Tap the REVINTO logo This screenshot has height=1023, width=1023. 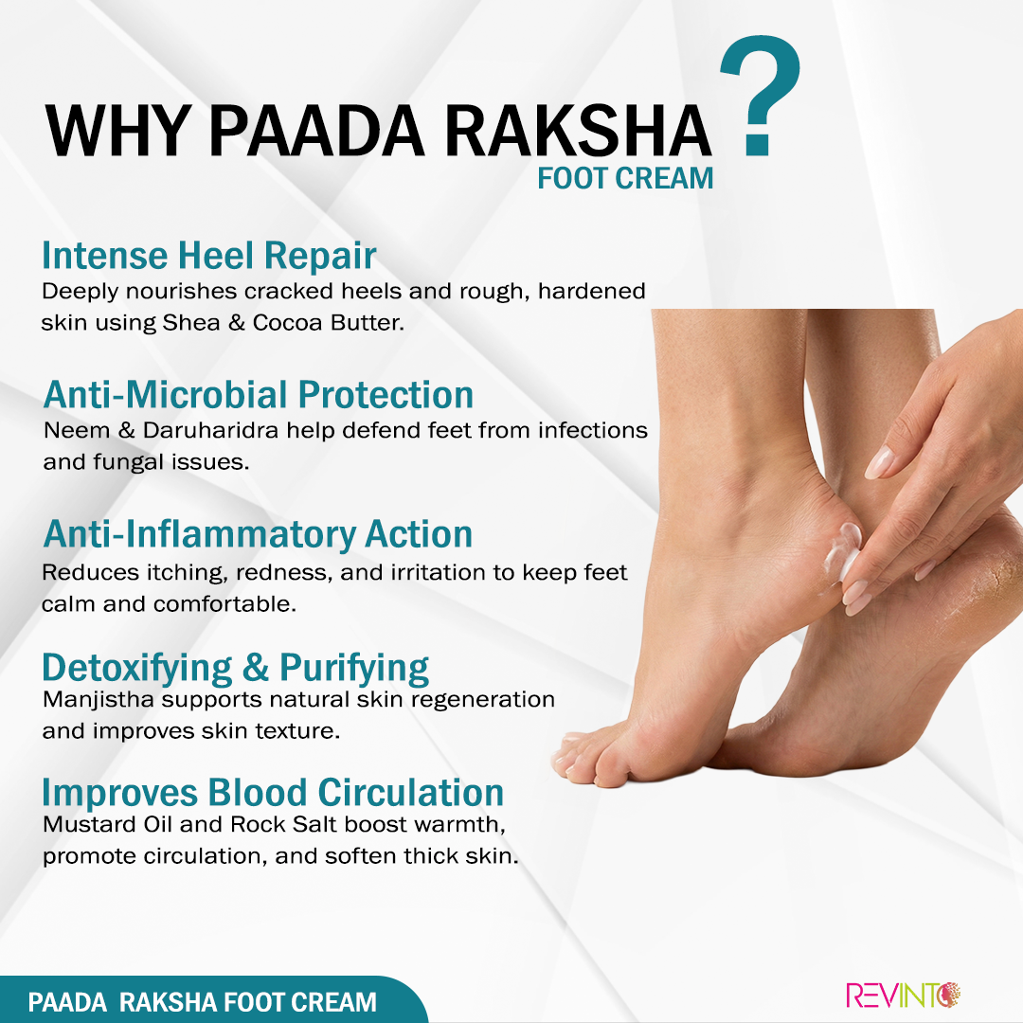point(903,996)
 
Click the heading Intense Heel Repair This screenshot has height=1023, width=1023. point(208,255)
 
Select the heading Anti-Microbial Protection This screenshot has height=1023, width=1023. point(259,395)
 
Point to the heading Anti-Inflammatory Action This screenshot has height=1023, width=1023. point(258,535)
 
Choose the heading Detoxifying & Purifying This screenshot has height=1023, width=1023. point(236,668)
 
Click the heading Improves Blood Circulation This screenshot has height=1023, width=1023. point(273,793)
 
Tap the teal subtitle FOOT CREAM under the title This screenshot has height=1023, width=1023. point(625,178)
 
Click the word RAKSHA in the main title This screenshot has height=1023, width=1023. point(578,131)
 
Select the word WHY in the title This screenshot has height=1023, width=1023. point(117,131)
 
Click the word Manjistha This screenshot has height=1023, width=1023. point(98,701)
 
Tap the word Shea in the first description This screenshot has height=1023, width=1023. point(191,323)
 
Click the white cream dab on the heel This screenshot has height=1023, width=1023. point(842,551)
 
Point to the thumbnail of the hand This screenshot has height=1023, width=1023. point(879,462)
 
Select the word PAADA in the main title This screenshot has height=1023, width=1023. point(316,131)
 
